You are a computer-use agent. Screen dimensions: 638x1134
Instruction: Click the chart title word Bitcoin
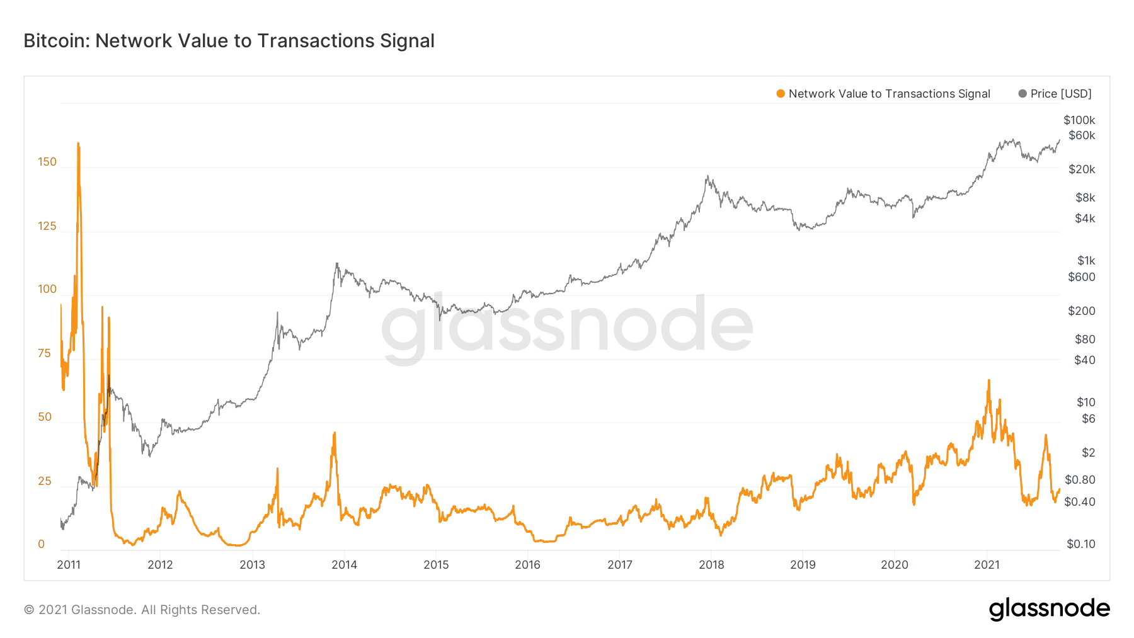point(56,41)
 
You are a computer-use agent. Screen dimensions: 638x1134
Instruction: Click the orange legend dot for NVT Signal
point(781,94)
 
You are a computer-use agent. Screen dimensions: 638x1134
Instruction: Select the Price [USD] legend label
point(1061,94)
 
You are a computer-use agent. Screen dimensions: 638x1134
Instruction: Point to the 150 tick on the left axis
point(47,162)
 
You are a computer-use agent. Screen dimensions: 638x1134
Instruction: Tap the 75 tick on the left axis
point(44,353)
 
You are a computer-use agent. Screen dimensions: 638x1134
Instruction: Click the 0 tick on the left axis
point(42,544)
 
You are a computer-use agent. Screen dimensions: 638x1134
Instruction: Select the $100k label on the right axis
point(1079,120)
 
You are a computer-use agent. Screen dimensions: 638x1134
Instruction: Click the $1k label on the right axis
point(1086,261)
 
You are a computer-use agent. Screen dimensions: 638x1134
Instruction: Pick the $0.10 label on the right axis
point(1081,544)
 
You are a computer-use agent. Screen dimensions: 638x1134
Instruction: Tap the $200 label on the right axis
point(1082,311)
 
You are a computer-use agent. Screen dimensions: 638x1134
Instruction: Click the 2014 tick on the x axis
point(344,565)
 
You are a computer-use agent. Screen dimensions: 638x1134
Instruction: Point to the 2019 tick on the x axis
point(803,565)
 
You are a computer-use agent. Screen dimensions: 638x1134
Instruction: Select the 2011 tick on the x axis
point(69,565)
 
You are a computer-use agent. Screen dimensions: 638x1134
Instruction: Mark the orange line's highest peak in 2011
point(78,144)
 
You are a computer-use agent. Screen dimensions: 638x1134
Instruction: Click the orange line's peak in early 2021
point(988,380)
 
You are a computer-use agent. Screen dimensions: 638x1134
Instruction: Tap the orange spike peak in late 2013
point(335,433)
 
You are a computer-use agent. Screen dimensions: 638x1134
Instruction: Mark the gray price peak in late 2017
point(707,176)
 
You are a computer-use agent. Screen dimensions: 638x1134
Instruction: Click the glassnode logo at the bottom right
point(1049,609)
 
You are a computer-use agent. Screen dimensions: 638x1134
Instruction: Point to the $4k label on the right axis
point(1085,219)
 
